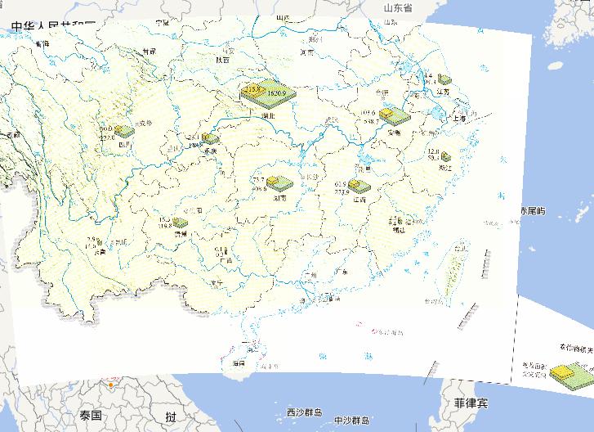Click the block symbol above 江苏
[x=444, y=79]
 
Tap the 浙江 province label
[x=446, y=167]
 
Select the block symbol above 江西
[x=358, y=187]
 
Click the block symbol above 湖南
[x=279, y=184]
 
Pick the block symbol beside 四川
[x=124, y=131]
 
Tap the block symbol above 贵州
[x=180, y=222]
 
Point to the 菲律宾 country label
[x=471, y=404]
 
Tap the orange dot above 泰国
[x=109, y=383]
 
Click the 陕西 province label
[x=223, y=60]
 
